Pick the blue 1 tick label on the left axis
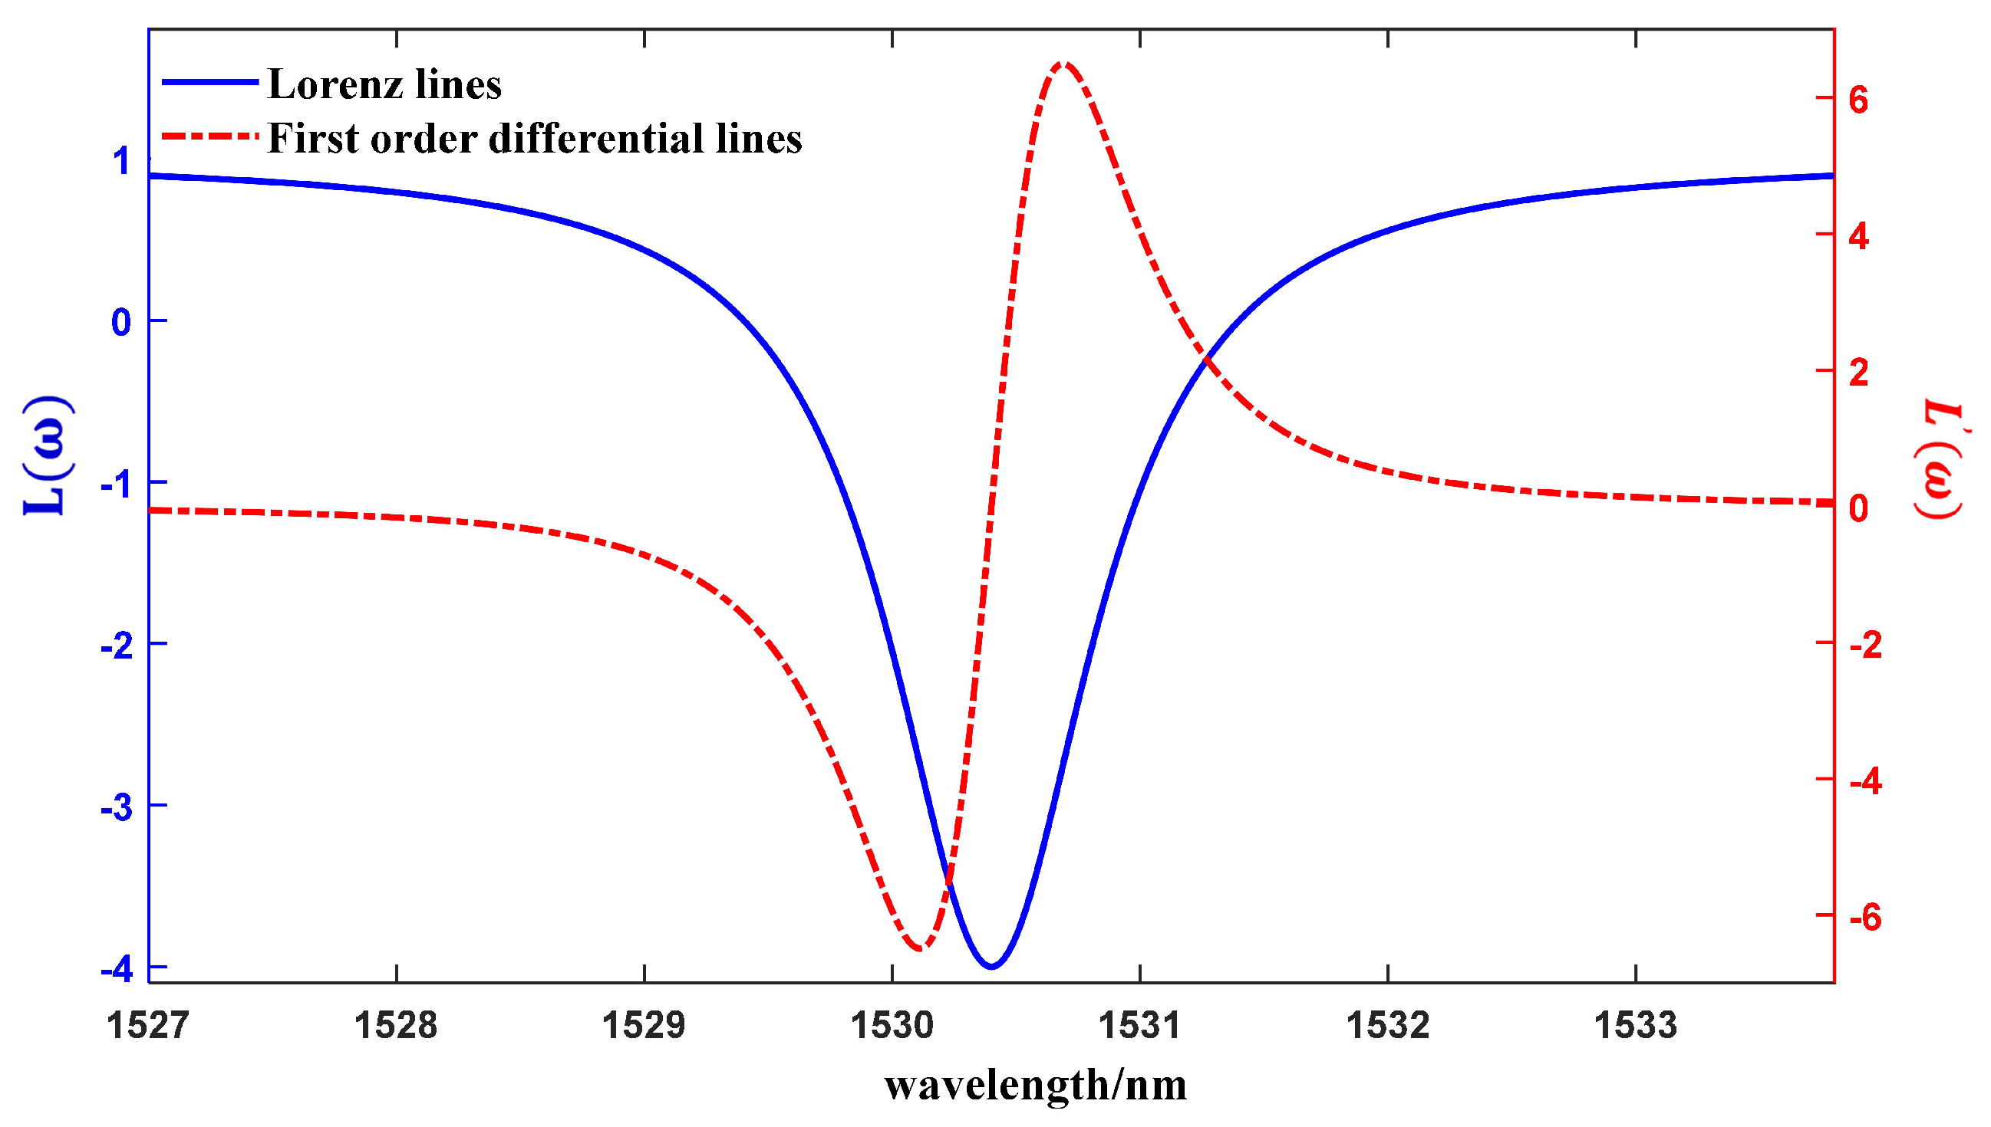click(121, 162)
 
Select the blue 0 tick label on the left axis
click(121, 322)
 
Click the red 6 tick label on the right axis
click(1858, 99)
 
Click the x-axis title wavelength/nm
click(1035, 1085)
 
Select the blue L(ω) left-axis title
click(48, 456)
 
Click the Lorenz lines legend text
click(384, 84)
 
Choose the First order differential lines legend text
click(534, 139)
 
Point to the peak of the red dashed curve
click(1064, 63)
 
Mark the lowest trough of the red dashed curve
click(920, 948)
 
